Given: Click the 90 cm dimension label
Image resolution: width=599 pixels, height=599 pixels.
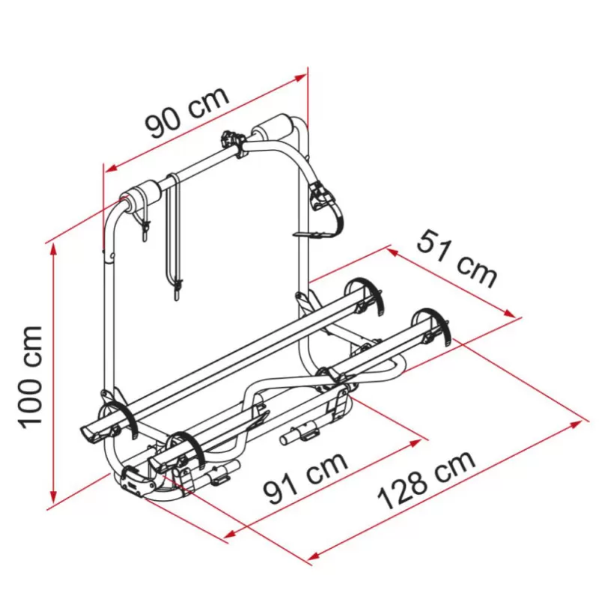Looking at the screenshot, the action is pos(187,112).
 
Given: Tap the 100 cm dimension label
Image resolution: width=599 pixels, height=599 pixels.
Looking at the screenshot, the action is pos(30,377).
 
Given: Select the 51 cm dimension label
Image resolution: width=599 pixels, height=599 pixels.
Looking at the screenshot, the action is pos(457,258).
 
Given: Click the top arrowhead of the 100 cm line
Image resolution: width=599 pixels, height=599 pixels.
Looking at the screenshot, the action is pos(54,249).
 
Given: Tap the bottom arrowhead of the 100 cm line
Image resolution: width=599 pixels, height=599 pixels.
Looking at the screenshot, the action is pos(54,497).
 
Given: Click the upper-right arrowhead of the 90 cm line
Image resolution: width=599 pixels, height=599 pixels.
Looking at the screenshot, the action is pos(301,76).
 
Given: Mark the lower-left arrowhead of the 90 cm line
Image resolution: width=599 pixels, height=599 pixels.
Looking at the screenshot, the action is pos(111,167).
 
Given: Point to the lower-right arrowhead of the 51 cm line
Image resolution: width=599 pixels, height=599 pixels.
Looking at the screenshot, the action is pos(509,313).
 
